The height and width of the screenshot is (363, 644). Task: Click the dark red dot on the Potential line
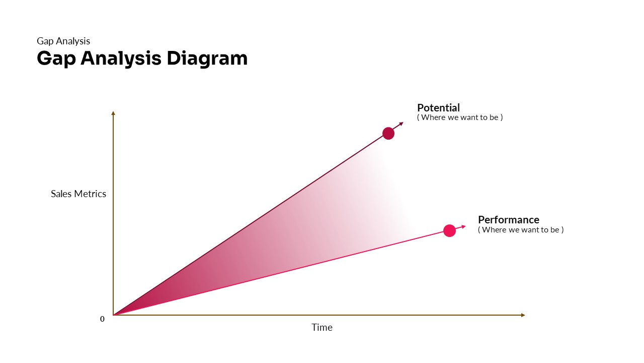pos(388,133)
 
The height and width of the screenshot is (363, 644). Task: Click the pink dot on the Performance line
pos(449,230)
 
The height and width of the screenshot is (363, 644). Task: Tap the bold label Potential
pos(438,108)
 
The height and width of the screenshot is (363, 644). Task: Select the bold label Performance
pos(508,220)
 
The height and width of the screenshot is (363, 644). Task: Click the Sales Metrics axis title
pos(78,194)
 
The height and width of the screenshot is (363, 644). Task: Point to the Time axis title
pos(322,327)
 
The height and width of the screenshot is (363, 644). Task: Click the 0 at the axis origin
pos(102,319)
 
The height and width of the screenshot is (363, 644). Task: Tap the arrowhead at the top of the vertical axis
pos(113,113)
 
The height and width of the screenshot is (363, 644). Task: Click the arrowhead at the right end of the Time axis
pos(523,315)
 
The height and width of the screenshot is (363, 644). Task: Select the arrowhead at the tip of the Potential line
pos(401,124)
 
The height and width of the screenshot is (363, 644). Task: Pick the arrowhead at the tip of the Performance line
pos(463,226)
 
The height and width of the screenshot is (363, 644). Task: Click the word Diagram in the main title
pos(207,58)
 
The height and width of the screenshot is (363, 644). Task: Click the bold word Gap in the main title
pos(56,58)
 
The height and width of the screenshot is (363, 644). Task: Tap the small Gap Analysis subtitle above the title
pos(63,41)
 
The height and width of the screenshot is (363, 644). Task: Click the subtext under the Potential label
pos(460,117)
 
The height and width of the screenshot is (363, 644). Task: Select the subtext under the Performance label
pos(521,230)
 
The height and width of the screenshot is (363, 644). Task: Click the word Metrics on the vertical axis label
pos(90,194)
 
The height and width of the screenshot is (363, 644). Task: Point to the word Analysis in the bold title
pos(121,58)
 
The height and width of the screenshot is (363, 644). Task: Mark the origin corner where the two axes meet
pos(113,315)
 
